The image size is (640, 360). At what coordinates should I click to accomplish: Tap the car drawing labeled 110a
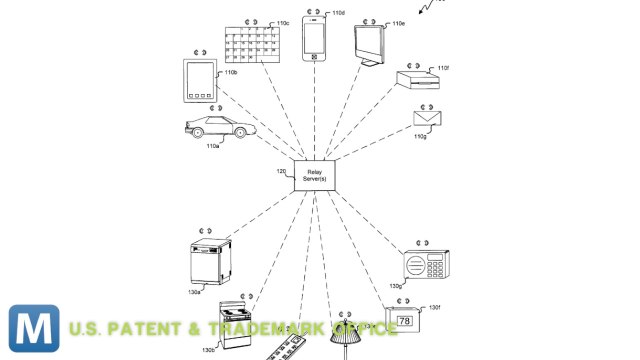215,128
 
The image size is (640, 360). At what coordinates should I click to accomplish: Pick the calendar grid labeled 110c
251,44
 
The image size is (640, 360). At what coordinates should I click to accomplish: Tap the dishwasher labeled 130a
209,263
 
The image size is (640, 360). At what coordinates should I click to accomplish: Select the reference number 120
281,171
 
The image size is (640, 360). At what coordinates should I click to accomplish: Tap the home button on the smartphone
317,56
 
